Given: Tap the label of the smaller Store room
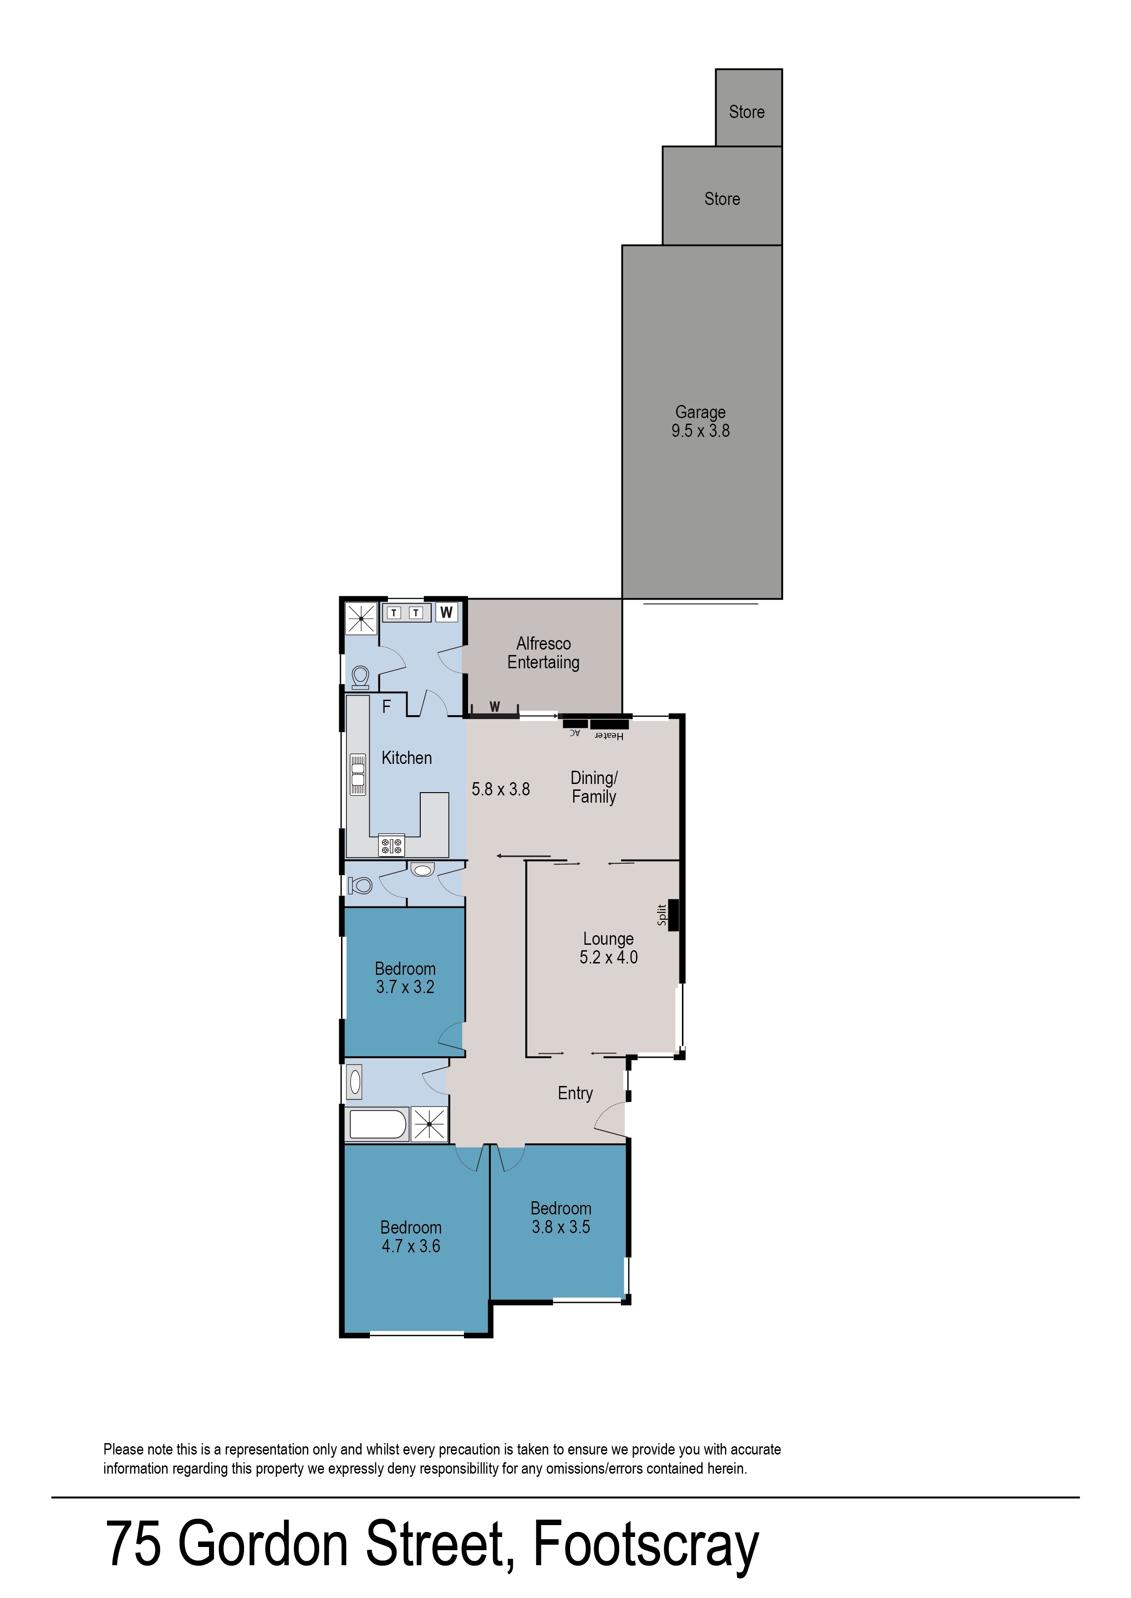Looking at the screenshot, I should pyautogui.click(x=747, y=112).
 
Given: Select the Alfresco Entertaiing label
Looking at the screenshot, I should pyautogui.click(x=543, y=653).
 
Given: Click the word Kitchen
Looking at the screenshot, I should pyautogui.click(x=407, y=758).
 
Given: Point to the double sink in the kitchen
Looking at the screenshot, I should pyautogui.click(x=358, y=774).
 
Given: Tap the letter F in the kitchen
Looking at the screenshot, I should pyautogui.click(x=387, y=707).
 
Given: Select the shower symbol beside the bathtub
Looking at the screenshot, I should pyautogui.click(x=429, y=1124).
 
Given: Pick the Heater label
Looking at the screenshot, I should pyautogui.click(x=609, y=736).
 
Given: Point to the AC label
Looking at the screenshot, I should pyautogui.click(x=575, y=733).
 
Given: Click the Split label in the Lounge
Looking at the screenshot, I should pyautogui.click(x=662, y=915).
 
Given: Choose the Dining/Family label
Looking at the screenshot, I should pyautogui.click(x=594, y=787).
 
